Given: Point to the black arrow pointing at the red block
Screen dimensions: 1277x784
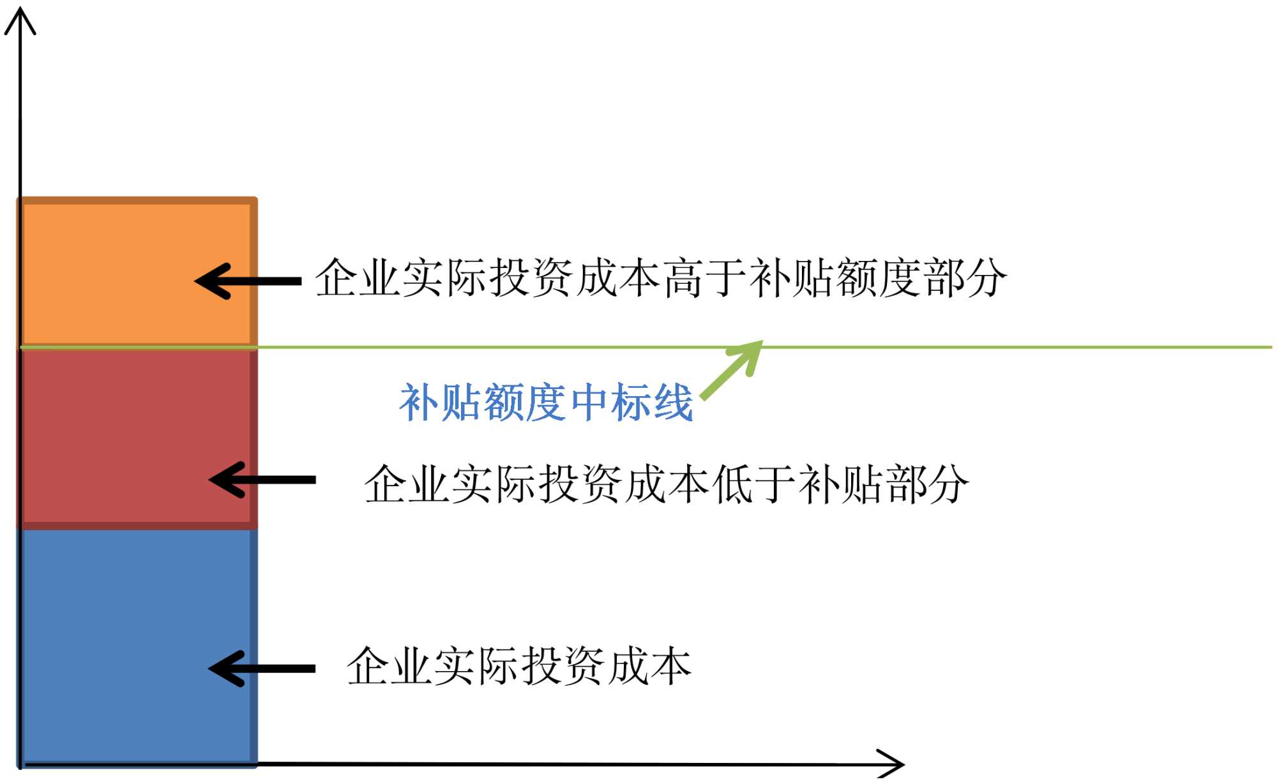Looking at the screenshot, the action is [x=262, y=480].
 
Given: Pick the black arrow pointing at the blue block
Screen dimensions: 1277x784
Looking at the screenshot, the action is [x=262, y=669].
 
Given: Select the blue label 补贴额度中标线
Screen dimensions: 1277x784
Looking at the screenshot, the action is [x=546, y=403].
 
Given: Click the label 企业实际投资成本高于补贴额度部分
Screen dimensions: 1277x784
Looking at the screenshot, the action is [x=660, y=278].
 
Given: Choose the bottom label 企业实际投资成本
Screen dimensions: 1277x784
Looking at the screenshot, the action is [x=518, y=666].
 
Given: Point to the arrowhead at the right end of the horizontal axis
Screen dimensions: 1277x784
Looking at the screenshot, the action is [x=894, y=764].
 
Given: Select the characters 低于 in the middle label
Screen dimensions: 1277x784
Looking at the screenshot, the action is [x=754, y=484].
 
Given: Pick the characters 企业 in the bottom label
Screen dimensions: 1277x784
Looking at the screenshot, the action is [x=389, y=666].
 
